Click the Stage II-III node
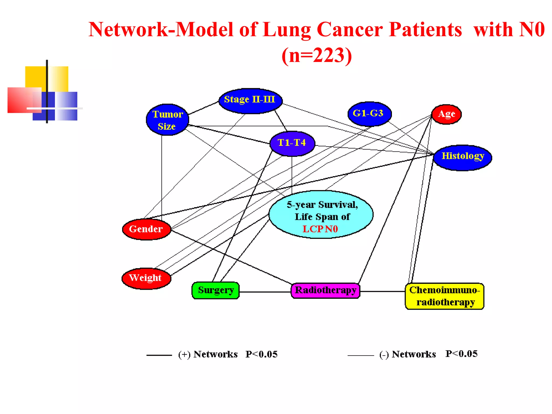pyautogui.click(x=250, y=101)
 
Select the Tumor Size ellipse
pyautogui.click(x=167, y=120)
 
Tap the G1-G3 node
pyautogui.click(x=369, y=114)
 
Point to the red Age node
pyautogui.click(x=446, y=114)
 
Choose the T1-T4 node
pyautogui.click(x=292, y=143)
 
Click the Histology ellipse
pyautogui.click(x=463, y=157)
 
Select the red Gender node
pyautogui.click(x=146, y=229)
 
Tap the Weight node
pyautogui.click(x=146, y=278)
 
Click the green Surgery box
pyautogui.click(x=216, y=290)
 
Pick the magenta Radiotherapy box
pyautogui.click(x=325, y=291)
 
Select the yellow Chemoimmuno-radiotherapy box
pyautogui.click(x=444, y=296)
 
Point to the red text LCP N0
pyautogui.click(x=320, y=229)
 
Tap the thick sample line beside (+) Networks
pyautogui.click(x=159, y=355)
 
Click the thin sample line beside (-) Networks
pyautogui.click(x=361, y=356)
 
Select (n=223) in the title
pyautogui.click(x=317, y=55)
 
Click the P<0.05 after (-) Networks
pyautogui.click(x=461, y=354)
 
